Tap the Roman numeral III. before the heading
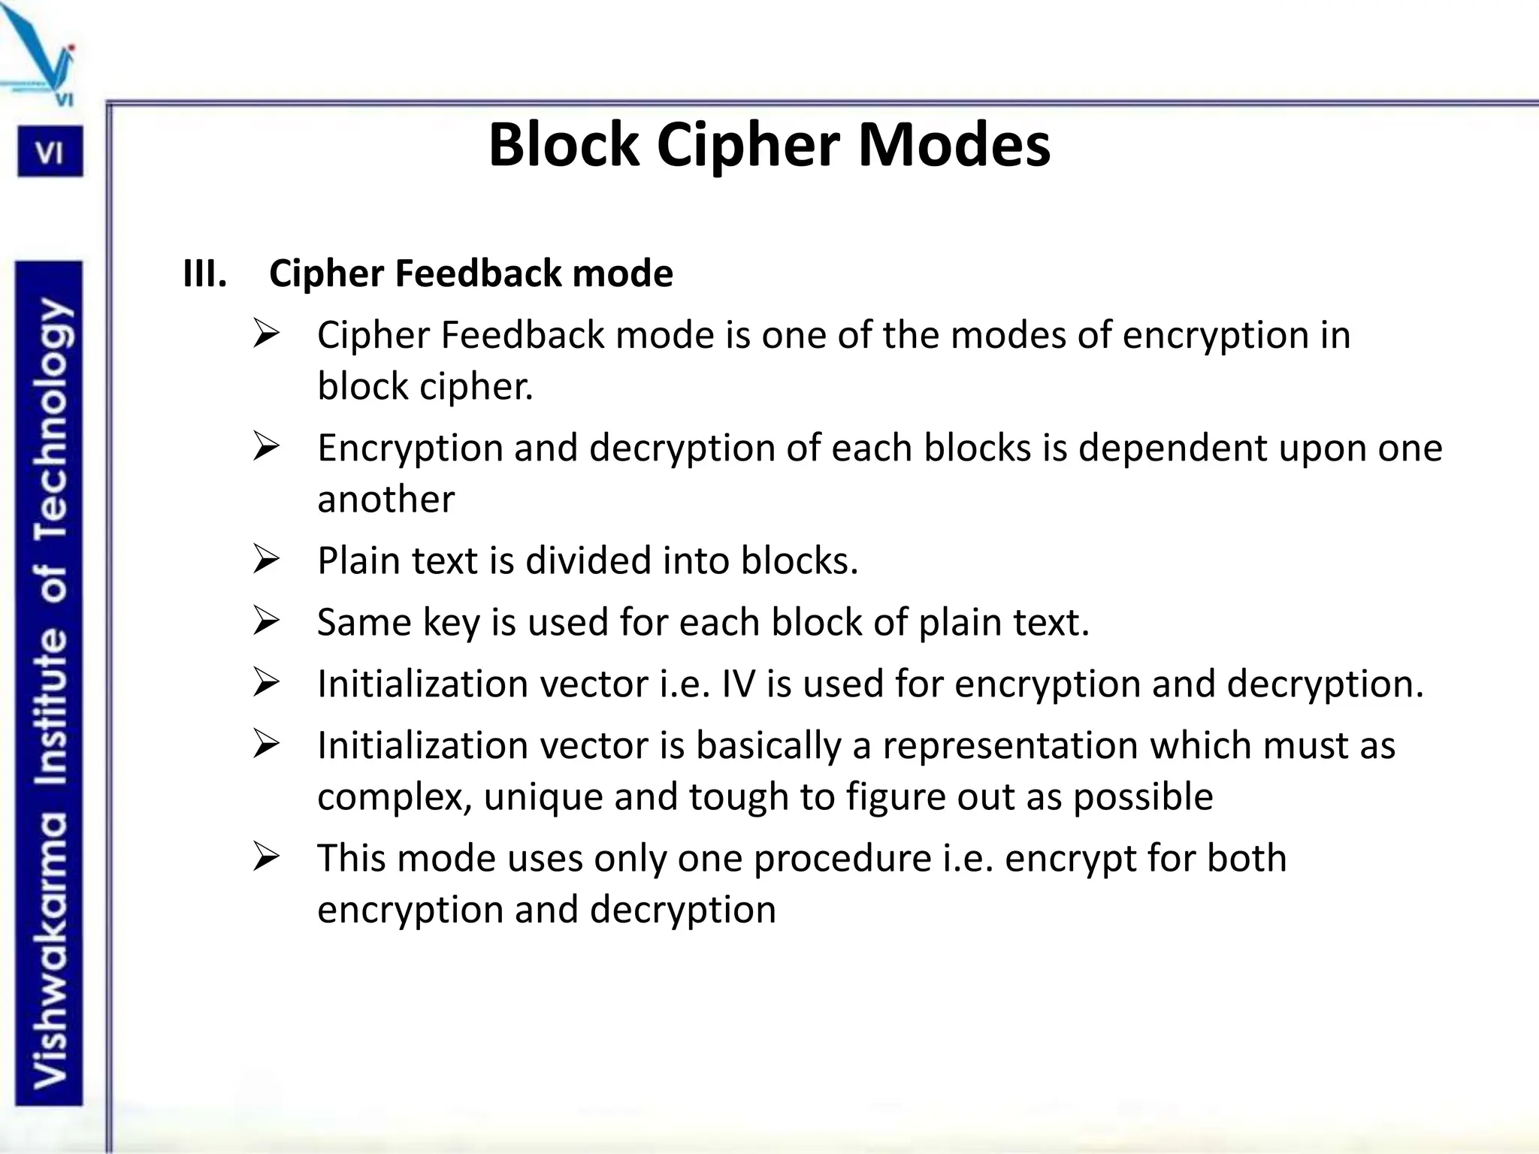[x=204, y=273]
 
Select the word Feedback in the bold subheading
[x=479, y=273]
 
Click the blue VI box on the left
[x=50, y=153]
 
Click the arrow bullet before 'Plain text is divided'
[x=266, y=560]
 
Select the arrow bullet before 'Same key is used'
[x=266, y=621]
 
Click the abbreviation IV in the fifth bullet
[x=738, y=684]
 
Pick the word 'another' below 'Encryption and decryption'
[x=386, y=500]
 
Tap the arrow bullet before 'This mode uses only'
[x=266, y=857]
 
